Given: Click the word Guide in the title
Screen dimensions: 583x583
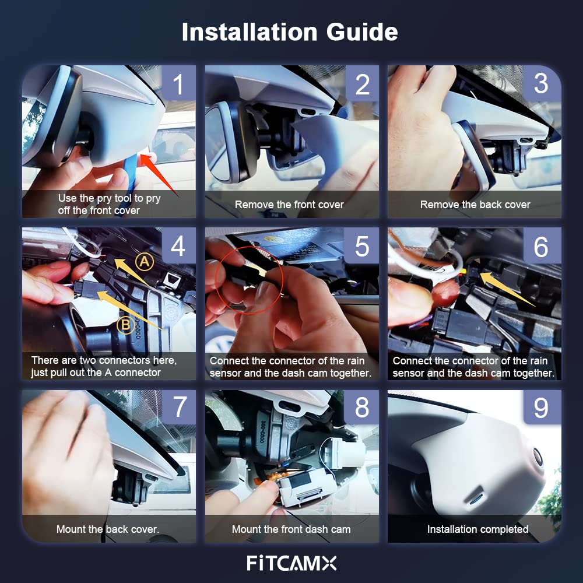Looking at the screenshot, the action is (x=362, y=32).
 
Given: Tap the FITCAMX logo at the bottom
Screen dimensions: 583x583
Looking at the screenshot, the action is (x=291, y=563).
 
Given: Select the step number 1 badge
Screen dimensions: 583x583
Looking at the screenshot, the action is (x=179, y=83).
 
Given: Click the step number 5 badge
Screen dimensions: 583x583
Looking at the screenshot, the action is (x=361, y=245).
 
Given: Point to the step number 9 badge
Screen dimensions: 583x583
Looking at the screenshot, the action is (x=542, y=407).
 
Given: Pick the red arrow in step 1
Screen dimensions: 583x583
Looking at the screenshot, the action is (x=157, y=174).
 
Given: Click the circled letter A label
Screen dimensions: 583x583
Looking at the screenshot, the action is (x=145, y=262).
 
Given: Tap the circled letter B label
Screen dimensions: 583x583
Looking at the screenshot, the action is (x=126, y=325).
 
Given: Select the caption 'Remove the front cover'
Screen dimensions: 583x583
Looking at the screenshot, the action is (x=289, y=205).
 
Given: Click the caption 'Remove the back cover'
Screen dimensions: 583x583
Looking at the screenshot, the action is (x=475, y=205).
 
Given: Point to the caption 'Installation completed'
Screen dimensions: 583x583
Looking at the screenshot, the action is (x=478, y=529).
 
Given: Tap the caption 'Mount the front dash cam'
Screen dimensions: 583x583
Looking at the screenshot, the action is (x=291, y=529).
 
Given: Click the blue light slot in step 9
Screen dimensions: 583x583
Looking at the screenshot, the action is (x=476, y=501).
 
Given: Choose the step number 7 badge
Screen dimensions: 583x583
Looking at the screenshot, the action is (x=179, y=407).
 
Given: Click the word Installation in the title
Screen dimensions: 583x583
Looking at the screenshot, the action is (x=250, y=32).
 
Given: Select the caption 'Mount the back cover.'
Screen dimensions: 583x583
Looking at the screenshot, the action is (x=108, y=529).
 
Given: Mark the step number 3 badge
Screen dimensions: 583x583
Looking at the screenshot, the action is (x=542, y=83).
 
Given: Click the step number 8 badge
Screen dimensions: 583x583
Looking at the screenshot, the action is (x=361, y=407).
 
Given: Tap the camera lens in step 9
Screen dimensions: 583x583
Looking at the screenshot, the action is (x=538, y=456).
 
